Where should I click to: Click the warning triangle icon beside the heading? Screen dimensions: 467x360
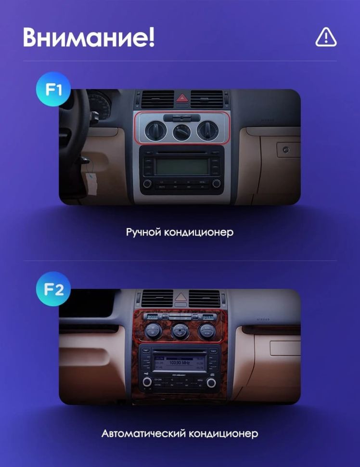pos(326,37)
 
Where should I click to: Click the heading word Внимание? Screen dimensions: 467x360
pos(89,38)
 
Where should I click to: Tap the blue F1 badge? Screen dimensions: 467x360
pos(53,89)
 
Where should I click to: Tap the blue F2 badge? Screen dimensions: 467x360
pos(53,289)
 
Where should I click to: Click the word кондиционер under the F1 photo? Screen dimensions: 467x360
pos(199,232)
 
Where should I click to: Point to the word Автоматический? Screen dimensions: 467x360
pos(144,433)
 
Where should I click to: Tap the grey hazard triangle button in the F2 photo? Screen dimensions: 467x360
pos(181,298)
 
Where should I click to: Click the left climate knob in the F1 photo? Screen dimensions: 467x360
pos(157,130)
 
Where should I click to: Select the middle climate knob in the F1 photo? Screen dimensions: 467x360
pos(182,131)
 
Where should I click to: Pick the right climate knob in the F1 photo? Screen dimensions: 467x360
pos(206,130)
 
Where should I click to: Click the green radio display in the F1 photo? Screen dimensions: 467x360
pos(182,167)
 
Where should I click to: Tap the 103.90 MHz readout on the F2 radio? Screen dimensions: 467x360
pos(180,362)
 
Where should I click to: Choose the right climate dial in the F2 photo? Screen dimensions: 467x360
pos(207,330)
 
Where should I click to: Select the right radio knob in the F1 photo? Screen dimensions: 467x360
pos(216,183)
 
